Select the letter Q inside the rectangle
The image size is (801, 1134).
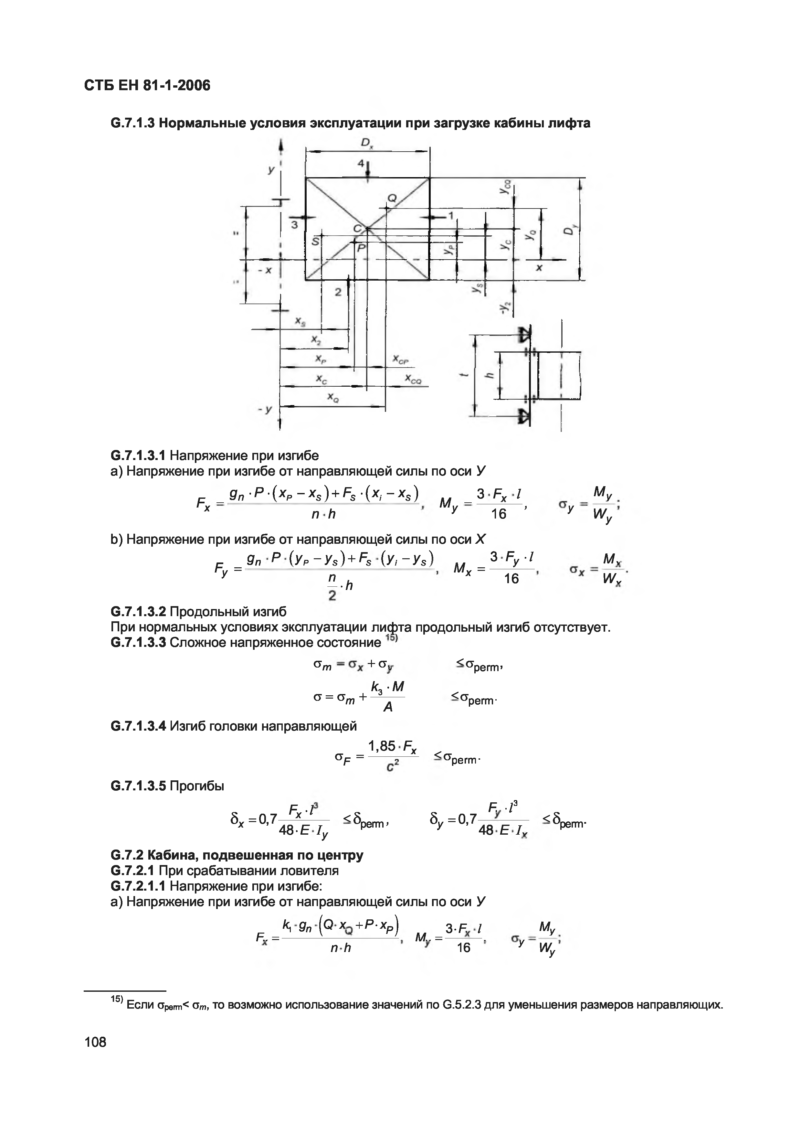(392, 198)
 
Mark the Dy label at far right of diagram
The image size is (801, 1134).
(571, 230)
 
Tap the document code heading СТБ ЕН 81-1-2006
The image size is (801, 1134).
(147, 86)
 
